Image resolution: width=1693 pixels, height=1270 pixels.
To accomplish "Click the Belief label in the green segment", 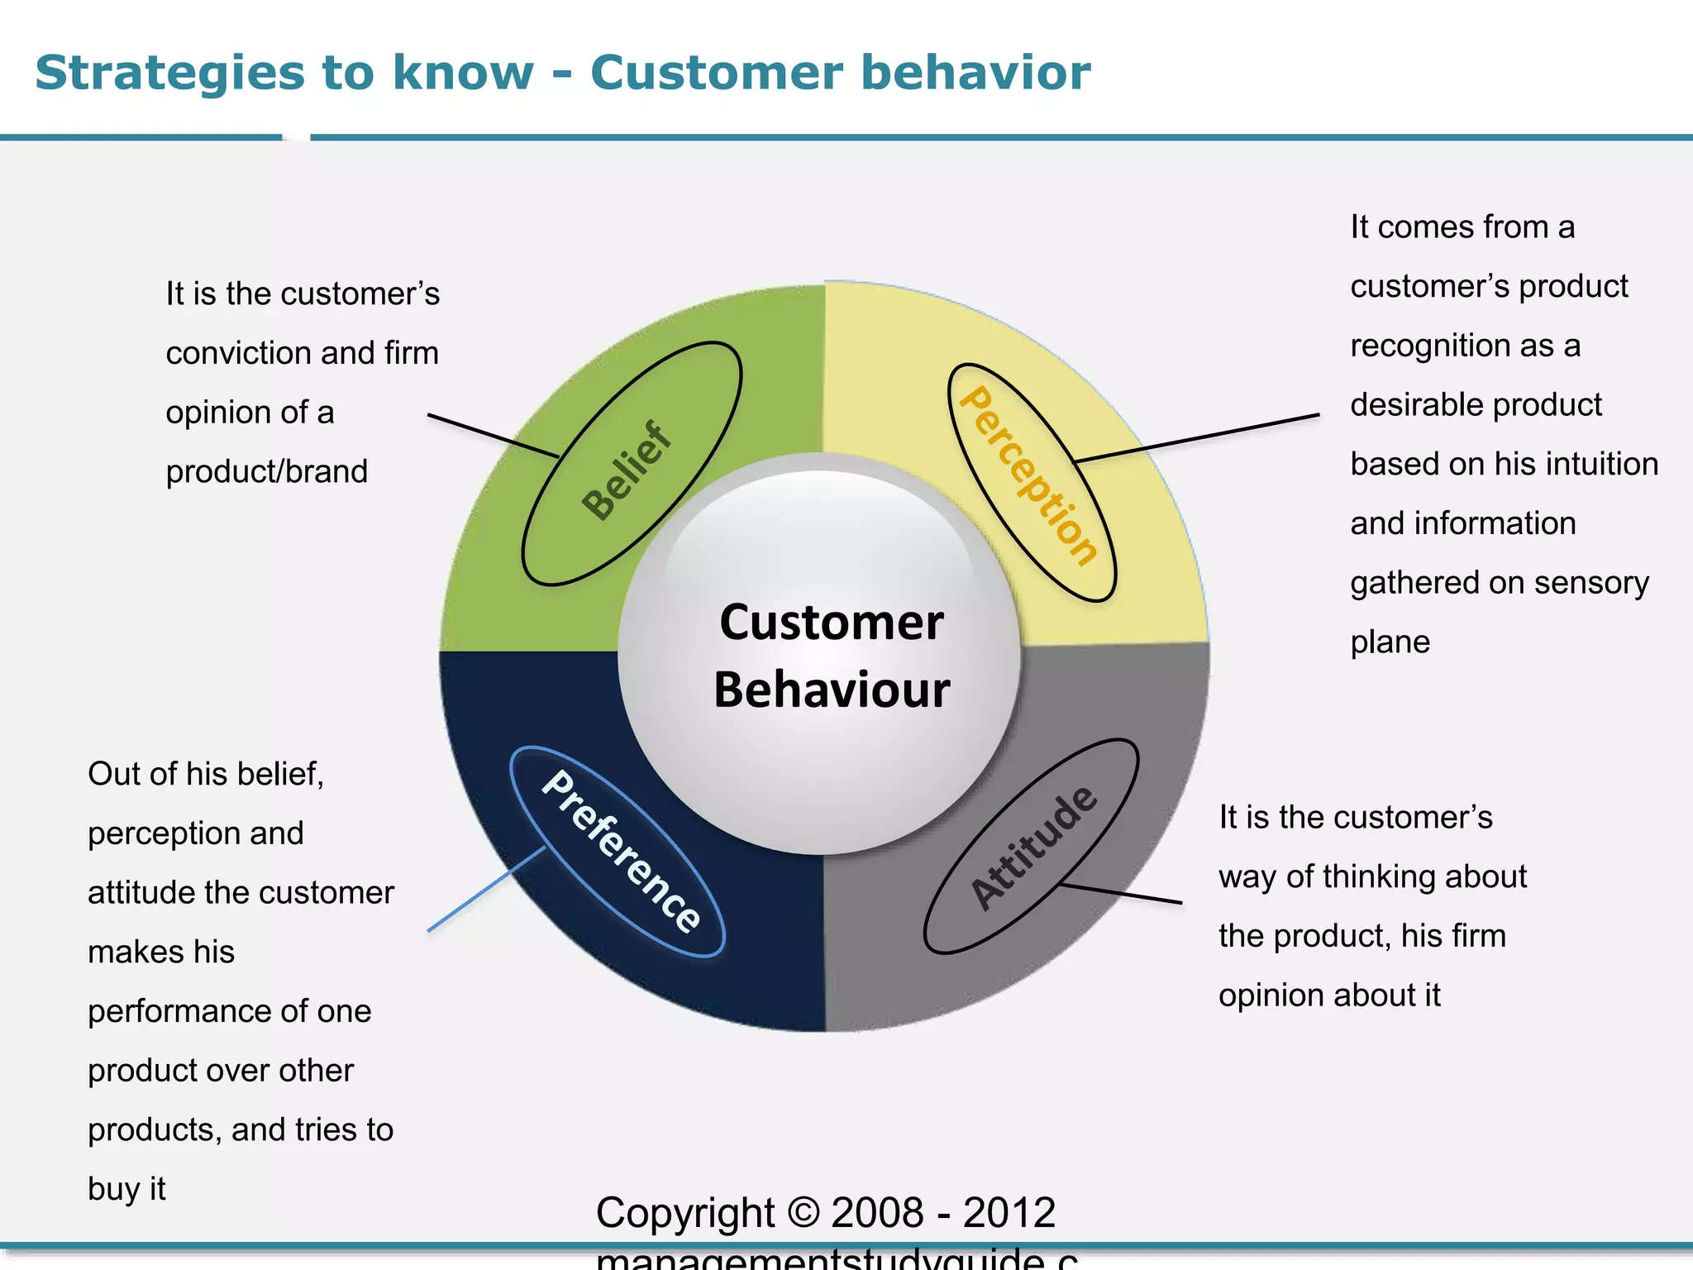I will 627,470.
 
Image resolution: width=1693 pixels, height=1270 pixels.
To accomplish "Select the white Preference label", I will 621,851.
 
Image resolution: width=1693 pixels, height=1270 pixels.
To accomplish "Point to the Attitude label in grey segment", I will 1034,847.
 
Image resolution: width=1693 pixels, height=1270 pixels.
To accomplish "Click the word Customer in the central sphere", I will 831,622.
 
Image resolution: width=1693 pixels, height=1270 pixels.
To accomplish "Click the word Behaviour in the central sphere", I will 832,690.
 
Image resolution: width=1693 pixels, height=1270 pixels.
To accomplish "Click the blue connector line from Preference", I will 486,889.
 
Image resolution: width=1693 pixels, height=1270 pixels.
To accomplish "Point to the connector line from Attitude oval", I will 1122,894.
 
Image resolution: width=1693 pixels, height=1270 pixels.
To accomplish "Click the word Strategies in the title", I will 169,73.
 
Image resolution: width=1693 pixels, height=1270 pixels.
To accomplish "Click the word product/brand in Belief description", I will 266,471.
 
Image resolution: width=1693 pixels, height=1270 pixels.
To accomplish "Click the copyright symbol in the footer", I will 802,1213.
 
